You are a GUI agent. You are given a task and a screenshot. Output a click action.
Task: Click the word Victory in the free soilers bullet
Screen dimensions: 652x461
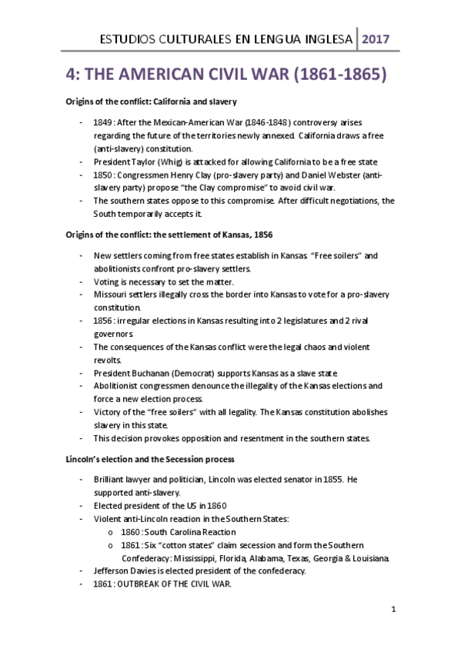coord(108,412)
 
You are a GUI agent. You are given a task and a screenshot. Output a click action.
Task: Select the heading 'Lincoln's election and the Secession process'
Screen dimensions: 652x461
coord(153,459)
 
